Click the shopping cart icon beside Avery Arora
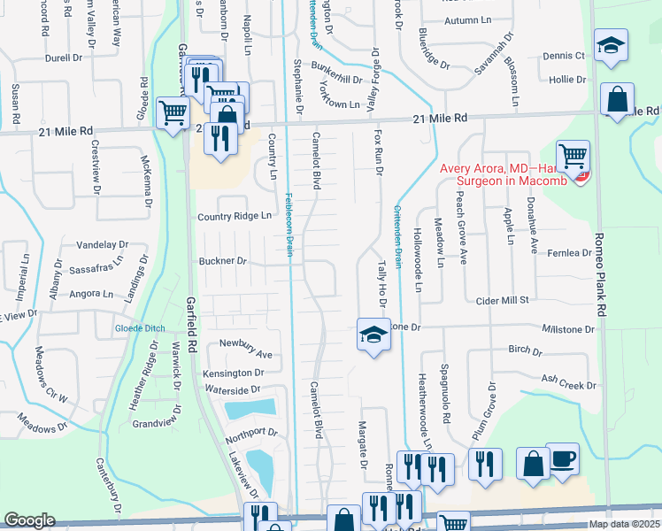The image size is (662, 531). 573,158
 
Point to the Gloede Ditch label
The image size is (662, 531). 140,328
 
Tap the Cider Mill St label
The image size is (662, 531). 501,301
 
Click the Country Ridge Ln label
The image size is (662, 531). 234,216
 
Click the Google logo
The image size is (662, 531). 29,520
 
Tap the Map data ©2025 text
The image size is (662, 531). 625,524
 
